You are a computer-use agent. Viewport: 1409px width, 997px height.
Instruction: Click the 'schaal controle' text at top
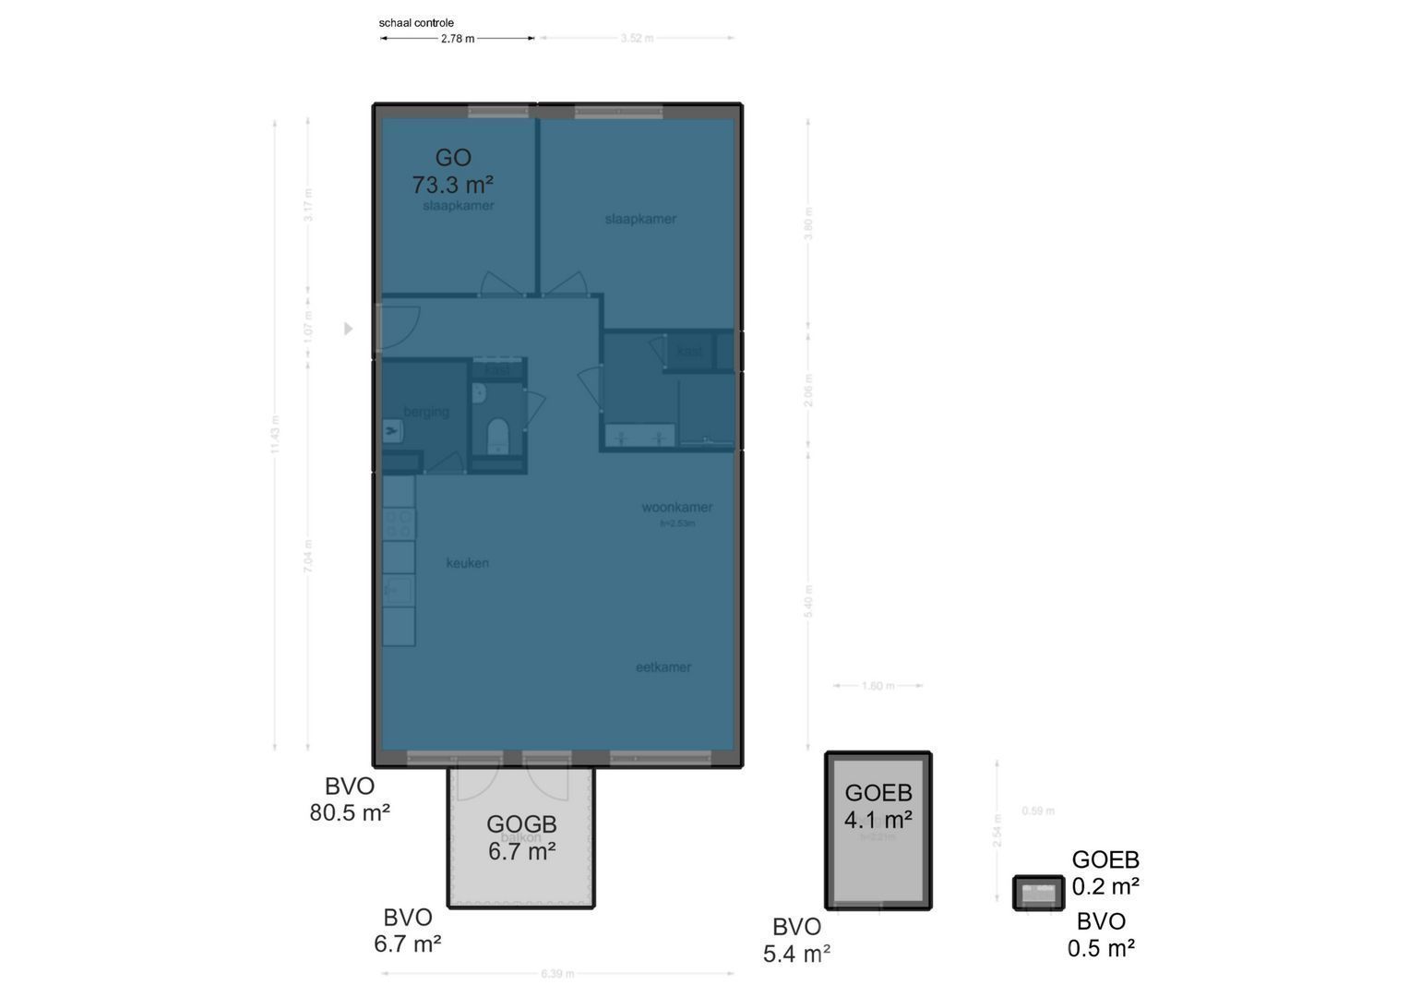[416, 23]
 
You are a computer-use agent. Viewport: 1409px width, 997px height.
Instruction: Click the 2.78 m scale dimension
[458, 39]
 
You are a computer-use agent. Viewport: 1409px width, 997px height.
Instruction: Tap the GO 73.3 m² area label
[452, 172]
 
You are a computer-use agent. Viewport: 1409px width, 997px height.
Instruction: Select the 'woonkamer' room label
[677, 508]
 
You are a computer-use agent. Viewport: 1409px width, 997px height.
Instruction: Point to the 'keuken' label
[468, 563]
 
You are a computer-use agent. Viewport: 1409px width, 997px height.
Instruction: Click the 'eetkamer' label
[663, 667]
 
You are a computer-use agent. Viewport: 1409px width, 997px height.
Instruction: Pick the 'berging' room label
[426, 412]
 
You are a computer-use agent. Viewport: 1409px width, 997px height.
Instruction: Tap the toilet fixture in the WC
[498, 435]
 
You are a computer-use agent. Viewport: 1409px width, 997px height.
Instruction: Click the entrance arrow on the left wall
[349, 329]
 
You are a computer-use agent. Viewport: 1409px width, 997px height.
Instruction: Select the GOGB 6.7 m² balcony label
[521, 837]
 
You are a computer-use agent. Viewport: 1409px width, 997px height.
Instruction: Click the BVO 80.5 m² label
[350, 799]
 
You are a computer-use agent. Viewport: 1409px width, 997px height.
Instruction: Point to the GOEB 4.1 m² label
[878, 806]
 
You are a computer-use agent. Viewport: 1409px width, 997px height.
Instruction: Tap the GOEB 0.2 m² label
[1105, 873]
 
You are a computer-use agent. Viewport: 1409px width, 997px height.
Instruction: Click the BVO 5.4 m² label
[796, 940]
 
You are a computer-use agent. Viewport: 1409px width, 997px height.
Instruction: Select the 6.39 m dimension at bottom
[557, 974]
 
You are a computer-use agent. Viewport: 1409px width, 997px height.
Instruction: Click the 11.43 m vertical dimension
[276, 434]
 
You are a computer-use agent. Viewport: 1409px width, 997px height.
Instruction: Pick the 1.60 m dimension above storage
[878, 686]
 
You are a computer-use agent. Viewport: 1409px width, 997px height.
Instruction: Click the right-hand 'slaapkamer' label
[640, 220]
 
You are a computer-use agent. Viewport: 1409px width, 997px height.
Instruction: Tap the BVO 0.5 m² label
[1101, 934]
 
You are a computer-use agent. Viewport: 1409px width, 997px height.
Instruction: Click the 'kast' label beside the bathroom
[689, 352]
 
